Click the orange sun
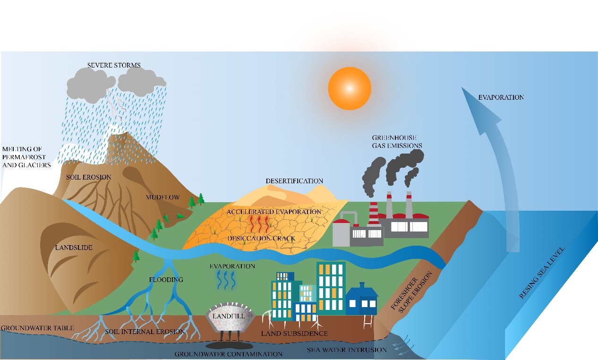coord(350,88)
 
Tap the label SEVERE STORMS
coord(114,65)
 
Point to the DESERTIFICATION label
coord(294,181)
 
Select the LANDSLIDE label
coord(73,248)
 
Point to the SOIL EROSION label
coord(89,177)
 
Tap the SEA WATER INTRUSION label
coord(347,350)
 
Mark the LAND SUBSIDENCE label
coord(294,334)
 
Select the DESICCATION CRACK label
coord(261,239)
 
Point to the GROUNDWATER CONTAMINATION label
coord(228,354)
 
